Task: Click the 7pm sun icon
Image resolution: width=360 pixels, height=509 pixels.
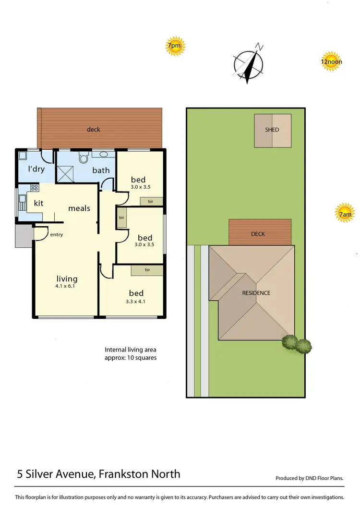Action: click(x=174, y=47)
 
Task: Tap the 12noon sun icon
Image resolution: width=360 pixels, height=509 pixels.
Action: click(x=331, y=61)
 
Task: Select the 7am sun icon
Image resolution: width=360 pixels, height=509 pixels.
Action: click(x=345, y=215)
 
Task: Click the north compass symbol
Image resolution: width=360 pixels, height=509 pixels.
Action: click(x=249, y=64)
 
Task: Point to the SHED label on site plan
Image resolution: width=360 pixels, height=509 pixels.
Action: click(x=272, y=130)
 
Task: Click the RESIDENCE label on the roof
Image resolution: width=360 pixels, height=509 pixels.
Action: click(x=256, y=293)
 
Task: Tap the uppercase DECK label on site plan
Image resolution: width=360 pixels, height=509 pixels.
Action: click(x=258, y=234)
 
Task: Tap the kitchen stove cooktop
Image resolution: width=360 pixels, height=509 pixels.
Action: click(x=34, y=189)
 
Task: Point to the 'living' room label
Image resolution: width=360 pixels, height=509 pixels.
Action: click(x=67, y=279)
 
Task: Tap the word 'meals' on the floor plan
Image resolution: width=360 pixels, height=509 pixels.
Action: click(x=79, y=208)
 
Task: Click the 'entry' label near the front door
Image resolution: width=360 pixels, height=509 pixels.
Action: click(x=56, y=235)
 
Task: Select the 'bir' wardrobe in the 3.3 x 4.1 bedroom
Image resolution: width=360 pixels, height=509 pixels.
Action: click(x=147, y=270)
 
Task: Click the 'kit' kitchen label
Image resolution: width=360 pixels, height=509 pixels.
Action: click(x=38, y=203)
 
